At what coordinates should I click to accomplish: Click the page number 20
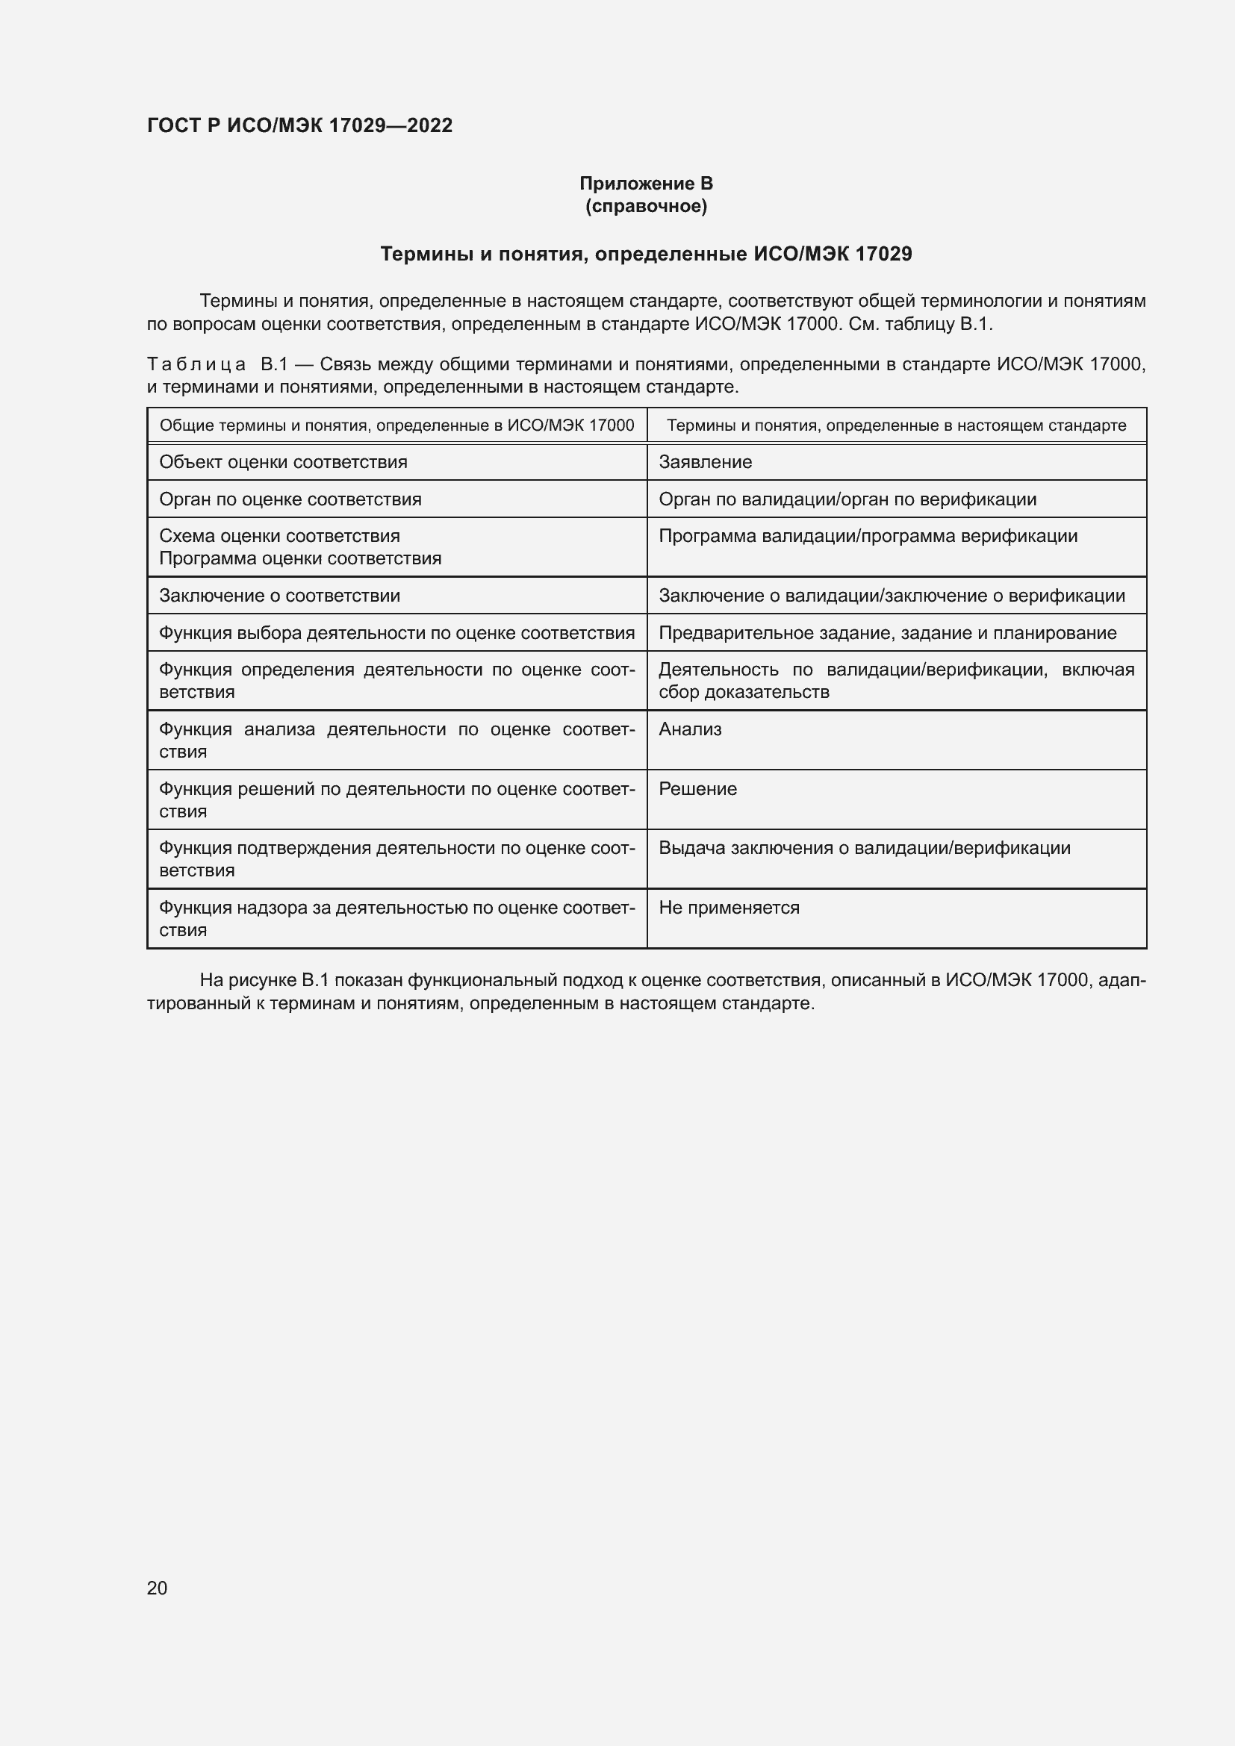157,1588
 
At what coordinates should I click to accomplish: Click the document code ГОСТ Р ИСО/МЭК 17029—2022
299,125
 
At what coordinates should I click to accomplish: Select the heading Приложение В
646,184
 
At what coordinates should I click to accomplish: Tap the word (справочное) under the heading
646,206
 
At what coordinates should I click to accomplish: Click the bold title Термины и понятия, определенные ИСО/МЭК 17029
646,254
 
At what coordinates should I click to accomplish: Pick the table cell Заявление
705,462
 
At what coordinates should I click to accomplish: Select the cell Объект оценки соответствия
283,462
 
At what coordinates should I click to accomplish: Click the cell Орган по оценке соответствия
290,499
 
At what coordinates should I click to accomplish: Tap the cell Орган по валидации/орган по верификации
847,499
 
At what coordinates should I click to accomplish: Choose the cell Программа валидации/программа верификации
868,536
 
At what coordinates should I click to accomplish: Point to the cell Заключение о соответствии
279,596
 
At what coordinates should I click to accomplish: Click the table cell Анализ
690,730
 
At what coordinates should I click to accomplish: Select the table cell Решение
697,789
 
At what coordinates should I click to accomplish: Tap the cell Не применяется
729,908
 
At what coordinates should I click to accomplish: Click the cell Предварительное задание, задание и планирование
887,634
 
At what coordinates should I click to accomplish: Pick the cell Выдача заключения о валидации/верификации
864,849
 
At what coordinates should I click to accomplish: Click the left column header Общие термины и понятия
396,425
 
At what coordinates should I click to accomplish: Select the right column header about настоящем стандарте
896,425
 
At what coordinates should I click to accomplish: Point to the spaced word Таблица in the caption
196,365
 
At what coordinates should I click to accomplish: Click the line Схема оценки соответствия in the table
279,536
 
